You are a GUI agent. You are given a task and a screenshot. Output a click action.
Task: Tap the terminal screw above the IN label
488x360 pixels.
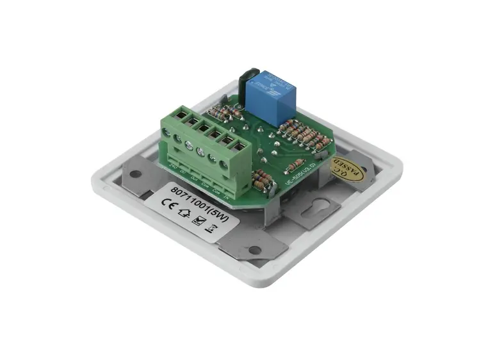(x=224, y=165)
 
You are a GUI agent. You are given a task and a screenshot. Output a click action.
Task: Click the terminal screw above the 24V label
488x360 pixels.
(x=168, y=133)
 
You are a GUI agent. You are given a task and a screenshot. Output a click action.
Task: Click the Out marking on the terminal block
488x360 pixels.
(x=194, y=175)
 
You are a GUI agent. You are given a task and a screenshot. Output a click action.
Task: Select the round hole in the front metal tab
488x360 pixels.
(x=254, y=250)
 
